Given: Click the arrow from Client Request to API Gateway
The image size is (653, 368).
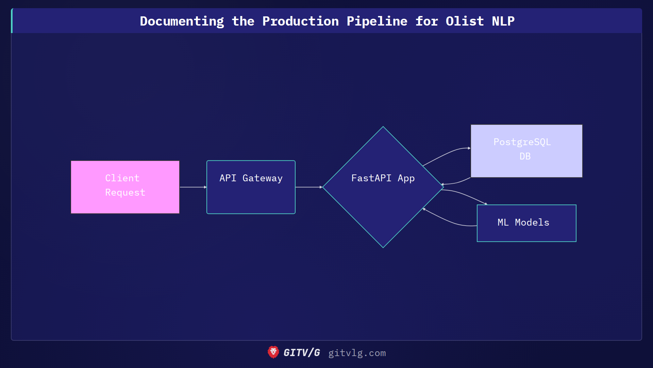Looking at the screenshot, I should click(192, 187).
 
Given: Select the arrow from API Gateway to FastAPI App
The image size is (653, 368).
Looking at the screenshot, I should click(308, 187).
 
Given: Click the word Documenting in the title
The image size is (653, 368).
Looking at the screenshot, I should click(182, 21).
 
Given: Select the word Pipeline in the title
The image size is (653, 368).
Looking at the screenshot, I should click(377, 21).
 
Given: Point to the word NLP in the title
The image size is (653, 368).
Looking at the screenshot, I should click(503, 21).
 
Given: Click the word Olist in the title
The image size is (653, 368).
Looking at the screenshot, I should click(465, 21).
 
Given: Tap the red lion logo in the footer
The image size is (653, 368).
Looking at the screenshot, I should click(273, 352).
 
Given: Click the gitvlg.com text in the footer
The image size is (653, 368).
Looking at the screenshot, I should click(357, 353).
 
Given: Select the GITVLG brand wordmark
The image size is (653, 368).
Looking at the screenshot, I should click(302, 353).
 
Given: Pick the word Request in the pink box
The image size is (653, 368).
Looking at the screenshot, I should click(125, 193).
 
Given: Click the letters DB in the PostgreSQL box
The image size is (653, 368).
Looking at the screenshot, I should click(525, 156).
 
